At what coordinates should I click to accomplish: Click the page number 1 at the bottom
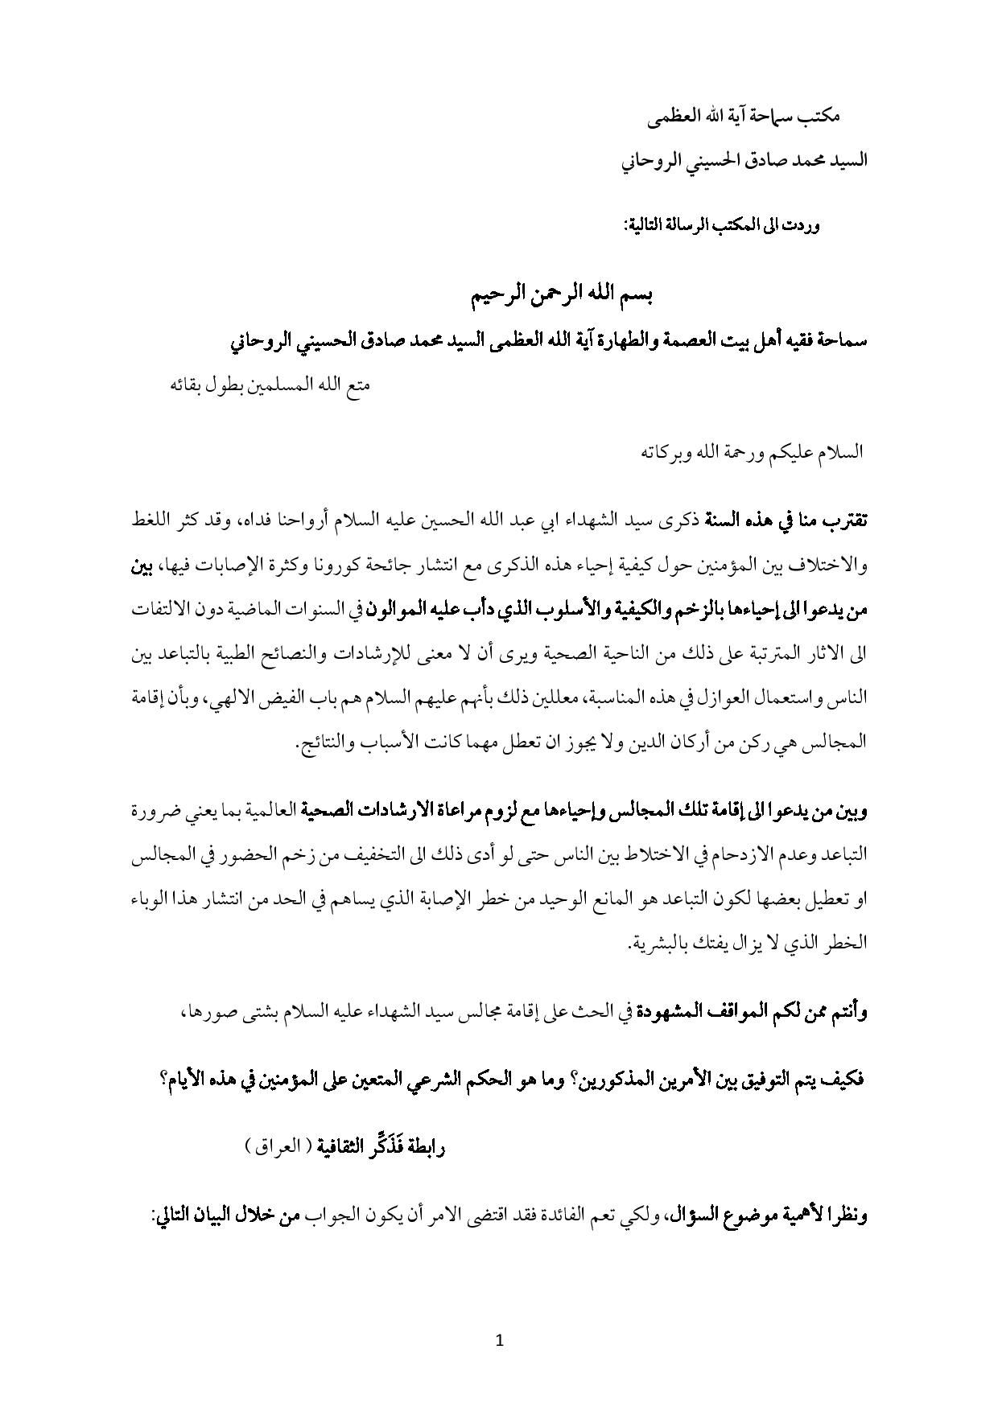(x=500, y=1340)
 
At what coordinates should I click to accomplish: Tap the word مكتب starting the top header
(x=821, y=117)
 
